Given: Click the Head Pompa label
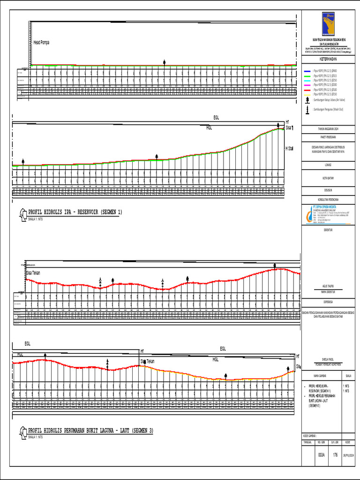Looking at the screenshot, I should coord(41,42).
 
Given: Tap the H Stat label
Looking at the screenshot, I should coord(289,149).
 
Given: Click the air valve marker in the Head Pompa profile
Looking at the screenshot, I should coord(164,62).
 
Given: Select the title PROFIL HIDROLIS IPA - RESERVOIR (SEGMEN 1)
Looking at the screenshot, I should coord(75,212).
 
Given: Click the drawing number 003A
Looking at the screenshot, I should coord(322,455).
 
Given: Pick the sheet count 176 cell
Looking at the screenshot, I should coord(335,455).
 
